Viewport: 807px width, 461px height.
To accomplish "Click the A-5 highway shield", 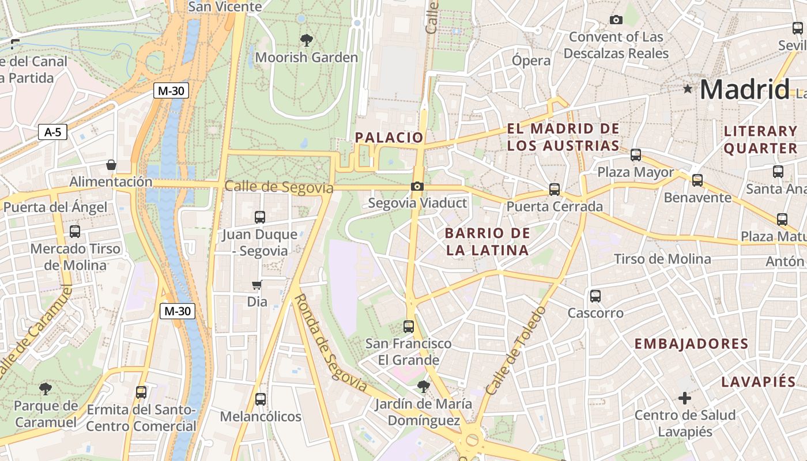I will pos(52,132).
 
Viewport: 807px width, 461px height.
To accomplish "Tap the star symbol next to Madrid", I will pos(687,89).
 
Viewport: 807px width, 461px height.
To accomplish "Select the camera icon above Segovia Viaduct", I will pos(417,186).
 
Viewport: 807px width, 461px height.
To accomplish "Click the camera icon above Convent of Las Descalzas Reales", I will pos(616,20).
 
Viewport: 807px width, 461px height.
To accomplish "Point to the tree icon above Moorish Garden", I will pos(307,40).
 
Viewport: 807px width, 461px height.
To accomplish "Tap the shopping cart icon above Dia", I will pos(257,285).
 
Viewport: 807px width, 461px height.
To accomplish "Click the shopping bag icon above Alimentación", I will pos(111,165).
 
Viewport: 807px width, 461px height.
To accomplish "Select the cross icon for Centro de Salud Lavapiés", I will pos(685,398).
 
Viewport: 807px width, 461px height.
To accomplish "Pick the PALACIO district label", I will pos(389,137).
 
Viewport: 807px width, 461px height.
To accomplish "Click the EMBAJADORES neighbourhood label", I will pos(691,344).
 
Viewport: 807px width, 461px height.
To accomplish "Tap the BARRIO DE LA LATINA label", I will pos(487,241).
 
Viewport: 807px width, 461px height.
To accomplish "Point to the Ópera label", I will pos(531,61).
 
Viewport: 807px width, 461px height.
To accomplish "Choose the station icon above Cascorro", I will pos(595,296).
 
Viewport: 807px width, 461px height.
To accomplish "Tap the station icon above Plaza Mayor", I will pos(636,154).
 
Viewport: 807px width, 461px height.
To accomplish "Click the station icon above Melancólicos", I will pos(261,399).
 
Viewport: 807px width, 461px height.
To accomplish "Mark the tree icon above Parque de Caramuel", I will pos(45,388).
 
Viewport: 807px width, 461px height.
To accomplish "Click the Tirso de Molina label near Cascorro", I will pos(662,259).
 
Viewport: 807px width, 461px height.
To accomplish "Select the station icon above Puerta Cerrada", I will pos(555,189).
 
